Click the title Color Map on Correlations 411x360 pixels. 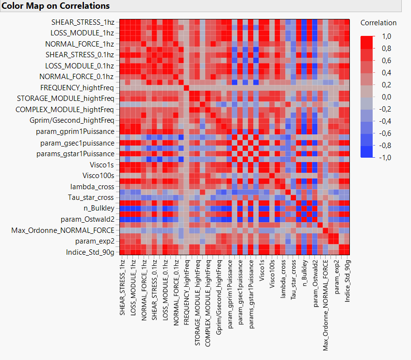(x=55, y=6)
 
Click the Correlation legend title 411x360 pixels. (x=378, y=23)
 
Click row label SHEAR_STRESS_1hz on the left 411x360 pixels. (x=83, y=22)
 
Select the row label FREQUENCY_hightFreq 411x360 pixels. (x=77, y=88)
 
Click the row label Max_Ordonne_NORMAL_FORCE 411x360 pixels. (x=63, y=230)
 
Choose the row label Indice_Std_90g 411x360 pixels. (x=90, y=252)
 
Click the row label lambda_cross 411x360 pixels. (x=93, y=186)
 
